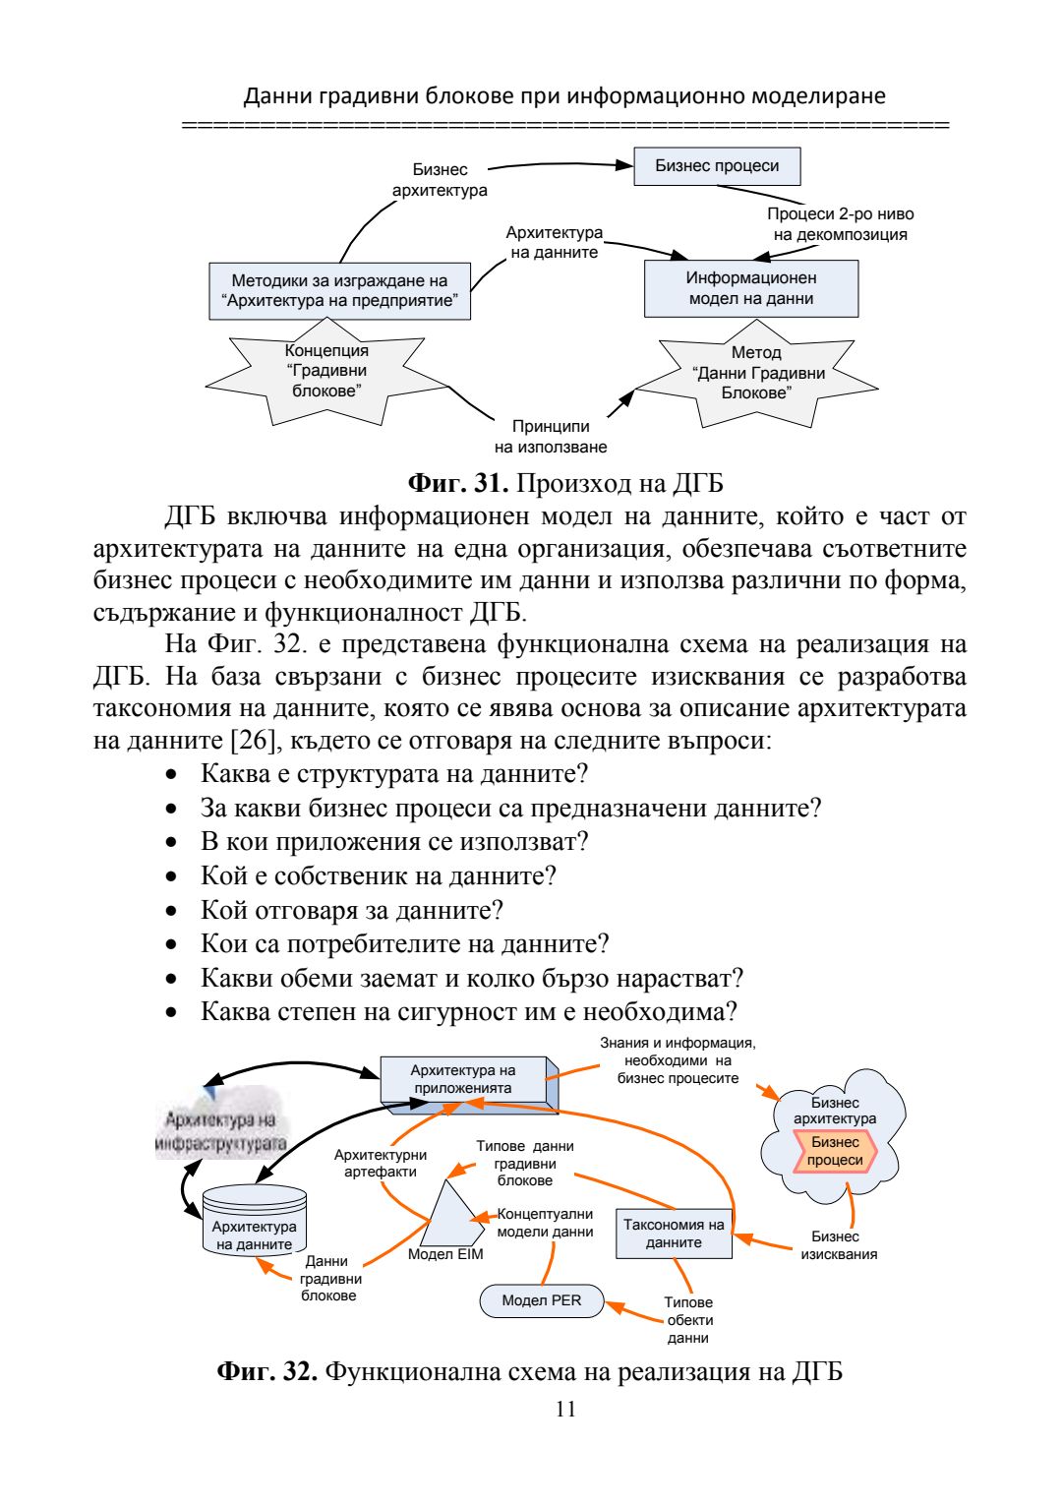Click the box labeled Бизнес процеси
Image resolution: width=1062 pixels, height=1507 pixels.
pos(717,166)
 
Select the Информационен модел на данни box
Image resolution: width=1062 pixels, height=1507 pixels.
pos(751,288)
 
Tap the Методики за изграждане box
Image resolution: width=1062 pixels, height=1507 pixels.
pos(339,290)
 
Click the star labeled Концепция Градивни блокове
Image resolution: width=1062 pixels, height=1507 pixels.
pos(326,372)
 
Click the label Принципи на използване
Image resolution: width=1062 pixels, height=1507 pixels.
pos(551,437)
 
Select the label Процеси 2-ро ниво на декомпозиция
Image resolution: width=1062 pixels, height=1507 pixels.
pos(840,224)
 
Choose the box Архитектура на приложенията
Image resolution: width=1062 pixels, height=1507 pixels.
pos(463,1079)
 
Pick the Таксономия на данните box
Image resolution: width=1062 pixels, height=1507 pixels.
pos(674,1234)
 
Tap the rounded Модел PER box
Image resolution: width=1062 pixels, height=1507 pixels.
pos(542,1300)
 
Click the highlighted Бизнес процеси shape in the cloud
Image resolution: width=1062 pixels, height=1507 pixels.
pos(835,1151)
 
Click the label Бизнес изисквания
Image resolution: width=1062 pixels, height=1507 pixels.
pos(838,1245)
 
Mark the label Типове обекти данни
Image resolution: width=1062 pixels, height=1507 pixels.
pos(688,1320)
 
